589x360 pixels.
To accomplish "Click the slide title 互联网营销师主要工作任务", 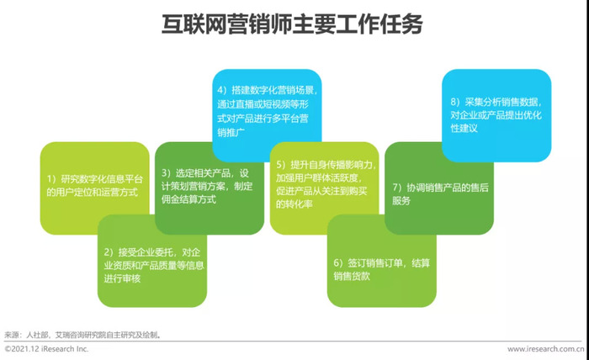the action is [x=292, y=24].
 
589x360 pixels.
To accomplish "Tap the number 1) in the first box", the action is [x=51, y=179].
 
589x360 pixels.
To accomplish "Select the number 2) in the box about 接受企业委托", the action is [x=109, y=252].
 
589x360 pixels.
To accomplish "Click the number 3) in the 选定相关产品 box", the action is [x=167, y=173].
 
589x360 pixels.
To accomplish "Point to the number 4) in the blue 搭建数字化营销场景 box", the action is [x=222, y=90].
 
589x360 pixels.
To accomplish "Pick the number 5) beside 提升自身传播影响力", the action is [x=281, y=165].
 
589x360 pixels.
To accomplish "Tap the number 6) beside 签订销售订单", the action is [x=338, y=262].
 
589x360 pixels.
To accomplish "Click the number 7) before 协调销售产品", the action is [x=397, y=188].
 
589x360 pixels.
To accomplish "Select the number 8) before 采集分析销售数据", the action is [x=456, y=102].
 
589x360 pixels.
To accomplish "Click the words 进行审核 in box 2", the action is [x=122, y=278].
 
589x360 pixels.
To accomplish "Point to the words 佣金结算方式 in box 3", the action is [x=188, y=199].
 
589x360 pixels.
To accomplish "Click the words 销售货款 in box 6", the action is [x=352, y=276].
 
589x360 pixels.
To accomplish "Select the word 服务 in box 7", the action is [x=401, y=200].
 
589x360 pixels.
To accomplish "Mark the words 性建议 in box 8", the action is [x=464, y=128].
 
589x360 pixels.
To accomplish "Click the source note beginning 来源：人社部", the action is [x=83, y=335].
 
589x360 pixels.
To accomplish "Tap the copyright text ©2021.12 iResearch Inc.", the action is [x=46, y=349].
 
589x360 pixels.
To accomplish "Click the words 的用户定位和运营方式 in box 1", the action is [x=93, y=193].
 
